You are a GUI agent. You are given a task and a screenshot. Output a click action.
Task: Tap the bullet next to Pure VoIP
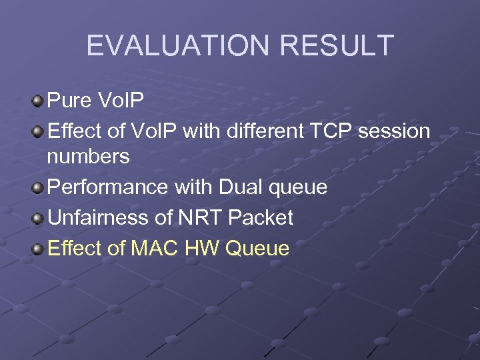pos(37,101)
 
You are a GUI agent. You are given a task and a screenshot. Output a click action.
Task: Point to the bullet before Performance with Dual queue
pos(37,188)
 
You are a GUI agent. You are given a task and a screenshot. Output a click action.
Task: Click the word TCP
pos(332,131)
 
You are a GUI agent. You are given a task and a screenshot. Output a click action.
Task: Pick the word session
pos(394,131)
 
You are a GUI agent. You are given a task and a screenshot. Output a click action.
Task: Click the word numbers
pos(88,157)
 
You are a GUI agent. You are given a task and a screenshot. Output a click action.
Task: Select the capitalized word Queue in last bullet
pos(258,249)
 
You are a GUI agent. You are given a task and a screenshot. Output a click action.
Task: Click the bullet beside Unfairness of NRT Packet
pos(37,218)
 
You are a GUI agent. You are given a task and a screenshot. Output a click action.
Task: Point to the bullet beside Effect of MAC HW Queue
pos(37,249)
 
